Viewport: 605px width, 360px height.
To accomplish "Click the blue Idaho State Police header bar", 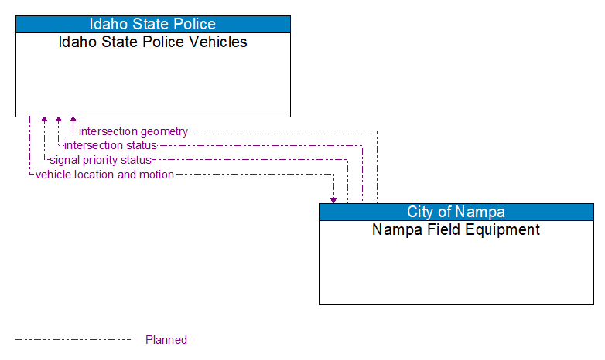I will (x=153, y=24).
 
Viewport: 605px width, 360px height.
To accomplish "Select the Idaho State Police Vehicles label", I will (x=153, y=42).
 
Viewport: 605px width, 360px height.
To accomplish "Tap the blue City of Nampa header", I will (x=456, y=212).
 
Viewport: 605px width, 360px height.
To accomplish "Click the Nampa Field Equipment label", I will (x=456, y=229).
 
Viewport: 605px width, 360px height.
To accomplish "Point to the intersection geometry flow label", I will (x=133, y=131).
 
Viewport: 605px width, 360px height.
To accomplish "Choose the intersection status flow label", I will (x=111, y=145).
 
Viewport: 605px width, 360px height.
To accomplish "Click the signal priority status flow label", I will (x=100, y=160).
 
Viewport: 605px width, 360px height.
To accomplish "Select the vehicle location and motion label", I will (x=104, y=175).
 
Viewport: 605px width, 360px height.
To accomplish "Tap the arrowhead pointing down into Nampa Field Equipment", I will (x=333, y=199).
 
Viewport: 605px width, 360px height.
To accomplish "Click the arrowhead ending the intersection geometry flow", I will (x=73, y=121).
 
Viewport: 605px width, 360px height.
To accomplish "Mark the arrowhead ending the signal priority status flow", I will (x=44, y=121).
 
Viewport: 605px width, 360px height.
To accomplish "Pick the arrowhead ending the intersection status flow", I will (x=59, y=121).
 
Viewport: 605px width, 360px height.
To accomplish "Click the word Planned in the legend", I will (x=166, y=340).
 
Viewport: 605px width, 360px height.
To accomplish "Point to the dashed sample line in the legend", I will (x=73, y=339).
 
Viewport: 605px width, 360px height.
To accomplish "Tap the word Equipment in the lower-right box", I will (x=504, y=229).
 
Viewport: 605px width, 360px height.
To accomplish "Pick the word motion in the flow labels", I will (x=156, y=175).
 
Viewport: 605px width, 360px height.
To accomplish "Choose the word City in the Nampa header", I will (x=422, y=212).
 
